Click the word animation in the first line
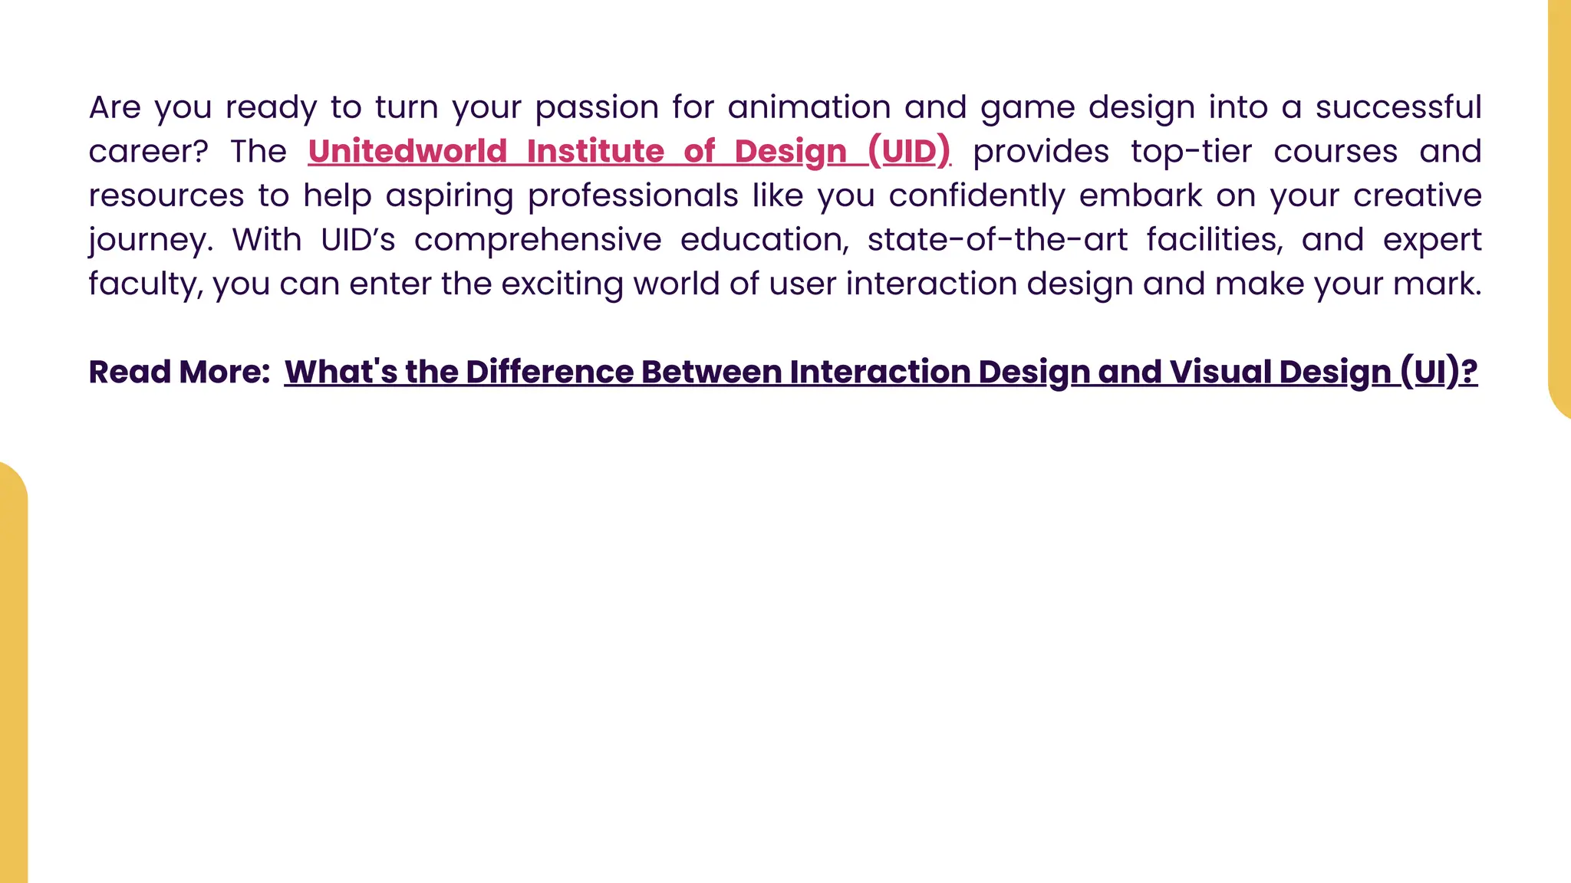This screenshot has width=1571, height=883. [x=809, y=107]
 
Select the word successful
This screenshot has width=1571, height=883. [x=1398, y=107]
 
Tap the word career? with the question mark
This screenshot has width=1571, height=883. [x=148, y=152]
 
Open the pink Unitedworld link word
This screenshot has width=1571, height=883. [x=407, y=152]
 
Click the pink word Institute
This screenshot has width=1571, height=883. [x=595, y=152]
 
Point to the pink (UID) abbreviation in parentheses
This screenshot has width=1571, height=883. [x=909, y=152]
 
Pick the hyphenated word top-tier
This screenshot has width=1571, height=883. [x=1191, y=152]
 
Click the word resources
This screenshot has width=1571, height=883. [x=166, y=195]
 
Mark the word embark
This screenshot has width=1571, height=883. [x=1141, y=195]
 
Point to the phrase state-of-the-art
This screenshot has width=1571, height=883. [x=997, y=240]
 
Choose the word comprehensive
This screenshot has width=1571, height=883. [x=538, y=240]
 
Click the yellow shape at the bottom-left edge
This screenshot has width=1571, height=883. [x=13, y=675]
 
